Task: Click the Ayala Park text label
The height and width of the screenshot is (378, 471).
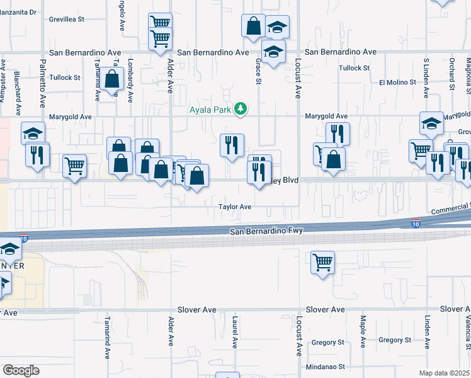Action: (x=210, y=110)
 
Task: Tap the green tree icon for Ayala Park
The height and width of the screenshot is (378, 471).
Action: (x=240, y=110)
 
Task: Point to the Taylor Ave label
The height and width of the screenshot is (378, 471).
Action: (x=235, y=207)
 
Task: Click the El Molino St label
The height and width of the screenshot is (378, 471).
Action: (x=397, y=82)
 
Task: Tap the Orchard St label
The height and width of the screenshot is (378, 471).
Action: (x=452, y=74)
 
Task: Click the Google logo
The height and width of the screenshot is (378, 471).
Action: (x=20, y=370)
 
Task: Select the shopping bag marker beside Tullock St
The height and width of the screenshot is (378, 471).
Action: (x=113, y=80)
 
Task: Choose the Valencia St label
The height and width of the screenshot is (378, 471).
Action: (x=468, y=331)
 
